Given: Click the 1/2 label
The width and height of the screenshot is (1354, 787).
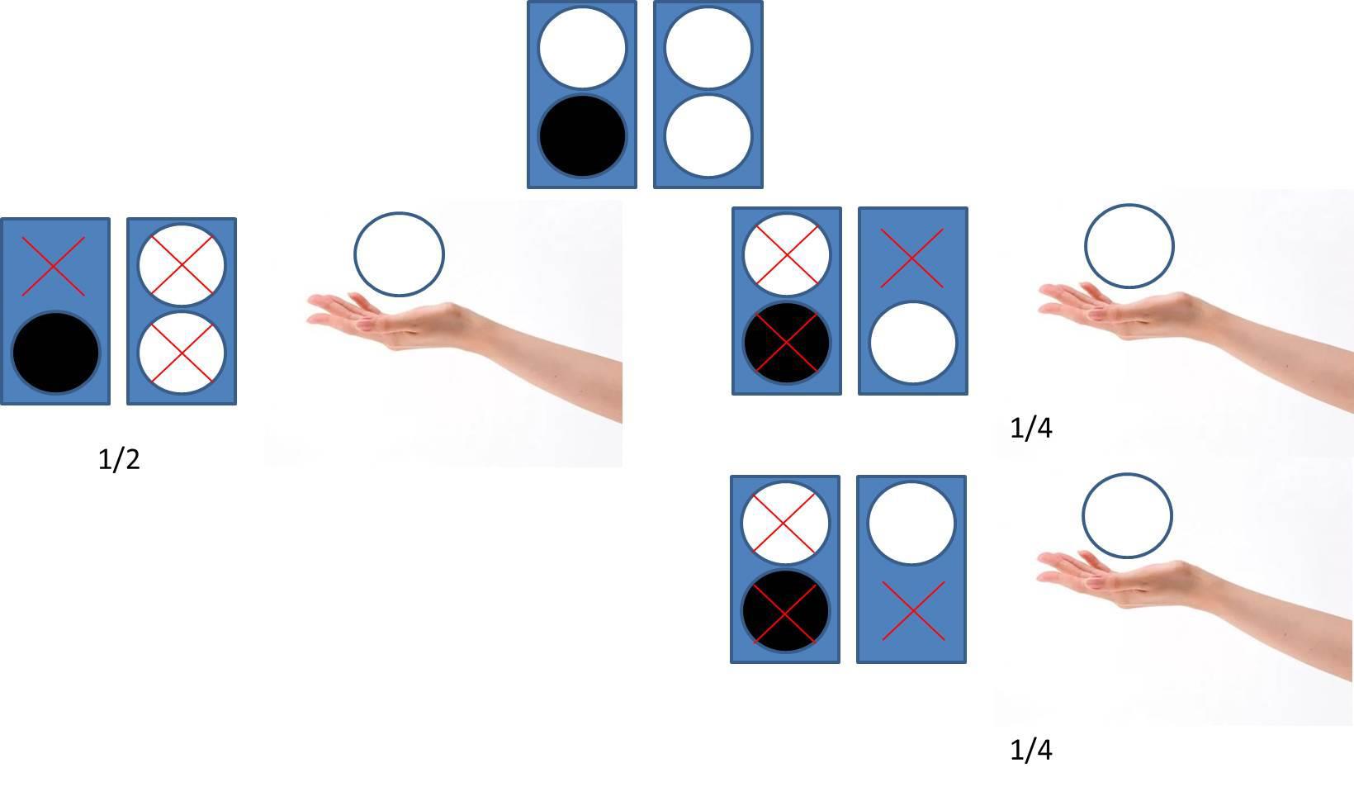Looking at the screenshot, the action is (119, 459).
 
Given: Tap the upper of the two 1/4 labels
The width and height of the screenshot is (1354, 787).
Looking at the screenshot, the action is (1031, 428).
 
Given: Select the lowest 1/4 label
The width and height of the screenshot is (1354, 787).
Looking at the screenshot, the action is (1031, 750).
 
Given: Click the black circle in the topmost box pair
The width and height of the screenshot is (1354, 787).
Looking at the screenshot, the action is (582, 136).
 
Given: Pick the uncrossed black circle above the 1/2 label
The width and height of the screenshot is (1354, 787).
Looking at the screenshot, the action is (55, 353).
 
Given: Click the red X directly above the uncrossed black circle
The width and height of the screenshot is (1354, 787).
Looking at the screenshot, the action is (54, 266).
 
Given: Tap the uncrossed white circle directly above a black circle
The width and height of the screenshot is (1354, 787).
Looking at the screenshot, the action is (582, 49).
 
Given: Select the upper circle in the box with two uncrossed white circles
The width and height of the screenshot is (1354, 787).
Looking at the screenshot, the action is (708, 49).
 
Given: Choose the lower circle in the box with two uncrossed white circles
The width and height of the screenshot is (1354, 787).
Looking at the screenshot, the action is (708, 136).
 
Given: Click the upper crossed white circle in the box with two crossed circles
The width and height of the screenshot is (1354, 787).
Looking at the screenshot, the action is (182, 265).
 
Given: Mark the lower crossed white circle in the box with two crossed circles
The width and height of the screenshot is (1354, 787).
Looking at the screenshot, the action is (182, 353).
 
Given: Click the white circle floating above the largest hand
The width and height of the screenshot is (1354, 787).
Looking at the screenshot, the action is (399, 254).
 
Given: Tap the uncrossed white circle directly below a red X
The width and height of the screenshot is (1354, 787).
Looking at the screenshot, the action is (913, 343).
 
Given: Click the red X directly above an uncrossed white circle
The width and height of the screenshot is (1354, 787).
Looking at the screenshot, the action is (911, 258).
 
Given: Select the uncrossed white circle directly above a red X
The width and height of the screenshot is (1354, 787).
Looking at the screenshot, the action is (911, 523).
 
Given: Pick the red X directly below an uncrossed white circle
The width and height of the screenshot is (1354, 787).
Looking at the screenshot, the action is (913, 610).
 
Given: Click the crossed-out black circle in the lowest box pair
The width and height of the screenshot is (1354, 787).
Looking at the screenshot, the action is (785, 610).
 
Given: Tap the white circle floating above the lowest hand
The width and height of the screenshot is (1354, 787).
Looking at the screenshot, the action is (1127, 515).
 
